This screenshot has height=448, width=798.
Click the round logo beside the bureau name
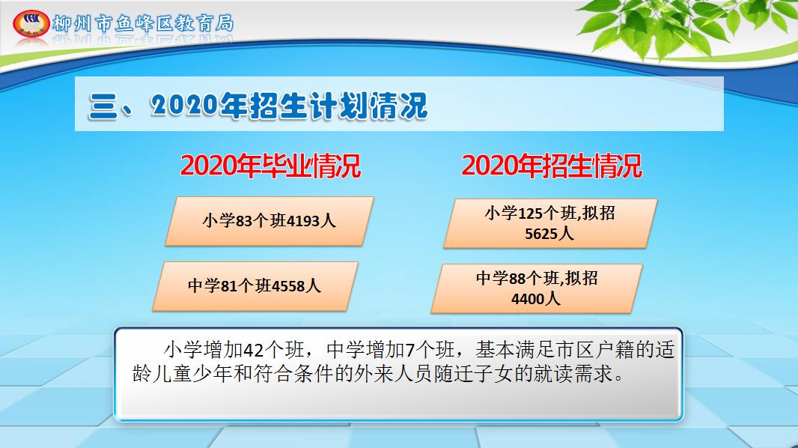(30, 22)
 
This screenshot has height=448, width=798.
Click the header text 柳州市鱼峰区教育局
(143, 22)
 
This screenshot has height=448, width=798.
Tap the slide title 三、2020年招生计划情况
(258, 106)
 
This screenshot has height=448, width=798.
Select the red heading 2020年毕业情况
(270, 166)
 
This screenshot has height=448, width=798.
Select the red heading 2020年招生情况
(551, 166)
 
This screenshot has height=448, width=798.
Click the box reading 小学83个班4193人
(269, 221)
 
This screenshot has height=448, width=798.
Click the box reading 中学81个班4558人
(255, 285)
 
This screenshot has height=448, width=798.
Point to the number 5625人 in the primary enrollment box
(549, 233)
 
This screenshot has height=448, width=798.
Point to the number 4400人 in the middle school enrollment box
(536, 298)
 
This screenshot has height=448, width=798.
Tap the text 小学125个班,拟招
(549, 213)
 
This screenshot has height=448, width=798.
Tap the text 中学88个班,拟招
(537, 279)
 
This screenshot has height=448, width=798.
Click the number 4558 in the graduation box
(287, 285)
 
